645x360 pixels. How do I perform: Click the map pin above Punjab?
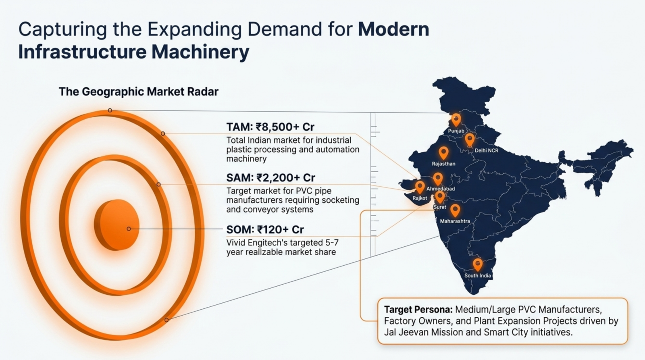click(x=456, y=119)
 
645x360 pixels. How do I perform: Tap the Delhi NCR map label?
click(x=486, y=150)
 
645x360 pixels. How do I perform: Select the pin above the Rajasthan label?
click(x=443, y=153)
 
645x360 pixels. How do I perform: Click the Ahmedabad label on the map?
click(x=441, y=189)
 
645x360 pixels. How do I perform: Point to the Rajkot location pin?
click(x=420, y=187)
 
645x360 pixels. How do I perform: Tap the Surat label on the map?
click(x=439, y=207)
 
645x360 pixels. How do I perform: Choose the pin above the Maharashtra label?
click(x=455, y=210)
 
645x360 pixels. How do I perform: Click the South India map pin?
click(x=478, y=265)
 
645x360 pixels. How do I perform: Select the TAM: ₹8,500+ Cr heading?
click(x=270, y=127)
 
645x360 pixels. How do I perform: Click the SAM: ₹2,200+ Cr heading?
click(x=270, y=178)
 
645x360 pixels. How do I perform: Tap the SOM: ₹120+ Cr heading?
click(x=265, y=229)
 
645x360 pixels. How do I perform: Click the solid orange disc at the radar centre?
click(x=117, y=225)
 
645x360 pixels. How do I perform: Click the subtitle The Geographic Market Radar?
click(x=139, y=92)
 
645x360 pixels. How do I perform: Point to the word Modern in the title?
click(x=393, y=29)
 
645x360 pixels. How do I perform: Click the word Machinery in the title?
click(x=200, y=52)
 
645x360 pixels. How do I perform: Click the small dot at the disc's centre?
click(x=129, y=229)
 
